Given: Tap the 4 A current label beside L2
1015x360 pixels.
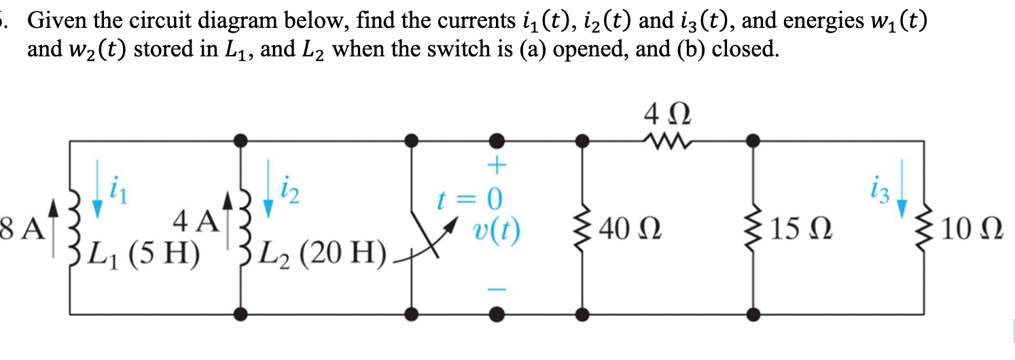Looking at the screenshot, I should pos(195,221).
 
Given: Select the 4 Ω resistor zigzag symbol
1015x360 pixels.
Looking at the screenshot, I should pos(666,141).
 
